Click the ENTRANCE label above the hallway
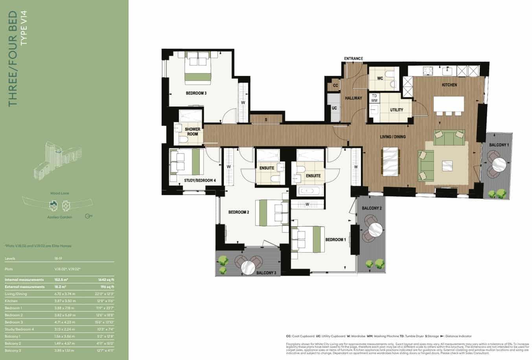click(353, 59)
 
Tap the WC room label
click(380, 78)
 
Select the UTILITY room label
click(396, 110)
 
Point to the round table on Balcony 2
click(376, 229)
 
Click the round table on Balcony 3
click(249, 267)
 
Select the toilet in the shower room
click(184, 140)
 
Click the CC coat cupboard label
click(335, 85)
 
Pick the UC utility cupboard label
click(334, 108)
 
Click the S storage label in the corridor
click(266, 119)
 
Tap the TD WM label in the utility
click(374, 98)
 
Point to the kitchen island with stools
click(449, 104)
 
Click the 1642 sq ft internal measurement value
click(107, 280)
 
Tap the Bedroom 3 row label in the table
click(13, 322)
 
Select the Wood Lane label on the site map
click(60, 193)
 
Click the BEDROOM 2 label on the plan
click(239, 212)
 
